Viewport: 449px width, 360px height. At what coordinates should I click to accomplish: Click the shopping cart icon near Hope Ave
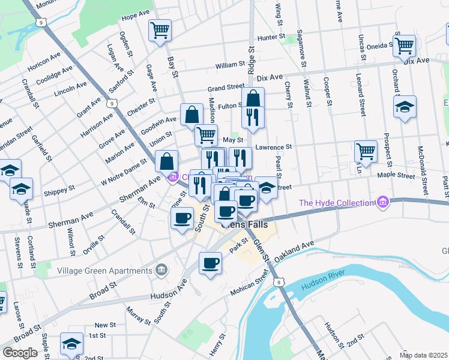pos(160,30)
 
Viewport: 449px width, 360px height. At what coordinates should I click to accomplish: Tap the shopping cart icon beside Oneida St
pos(404,46)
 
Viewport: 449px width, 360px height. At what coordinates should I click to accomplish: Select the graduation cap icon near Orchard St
pos(405,107)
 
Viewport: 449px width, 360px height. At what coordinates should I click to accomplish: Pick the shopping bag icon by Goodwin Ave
pos(191,115)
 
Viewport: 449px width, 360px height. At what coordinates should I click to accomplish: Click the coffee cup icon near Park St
pos(210,263)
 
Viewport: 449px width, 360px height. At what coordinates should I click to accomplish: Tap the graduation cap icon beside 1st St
pos(71,344)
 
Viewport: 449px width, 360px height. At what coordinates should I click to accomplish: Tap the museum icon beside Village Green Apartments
pos(161,270)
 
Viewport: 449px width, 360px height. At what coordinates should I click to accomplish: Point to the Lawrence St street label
pos(273,146)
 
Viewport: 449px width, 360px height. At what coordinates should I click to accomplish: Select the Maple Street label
pos(396,176)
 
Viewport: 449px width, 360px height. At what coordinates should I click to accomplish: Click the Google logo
pos(20,353)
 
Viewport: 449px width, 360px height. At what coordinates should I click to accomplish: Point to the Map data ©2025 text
pos(424,356)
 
